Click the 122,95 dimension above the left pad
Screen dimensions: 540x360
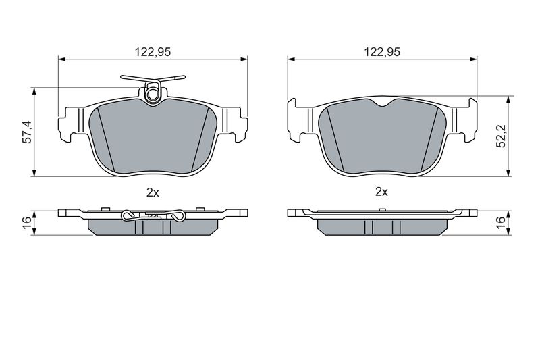point(153,52)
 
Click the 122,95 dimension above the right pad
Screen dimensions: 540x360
point(382,52)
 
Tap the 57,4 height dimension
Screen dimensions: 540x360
point(27,132)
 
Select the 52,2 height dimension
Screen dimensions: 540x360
point(502,136)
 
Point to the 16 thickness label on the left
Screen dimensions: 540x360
point(27,223)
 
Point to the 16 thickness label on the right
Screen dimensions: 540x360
point(502,223)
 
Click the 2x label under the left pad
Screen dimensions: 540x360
point(153,192)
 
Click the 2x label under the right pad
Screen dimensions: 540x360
point(381,192)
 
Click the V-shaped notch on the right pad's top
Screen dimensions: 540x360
point(383,103)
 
